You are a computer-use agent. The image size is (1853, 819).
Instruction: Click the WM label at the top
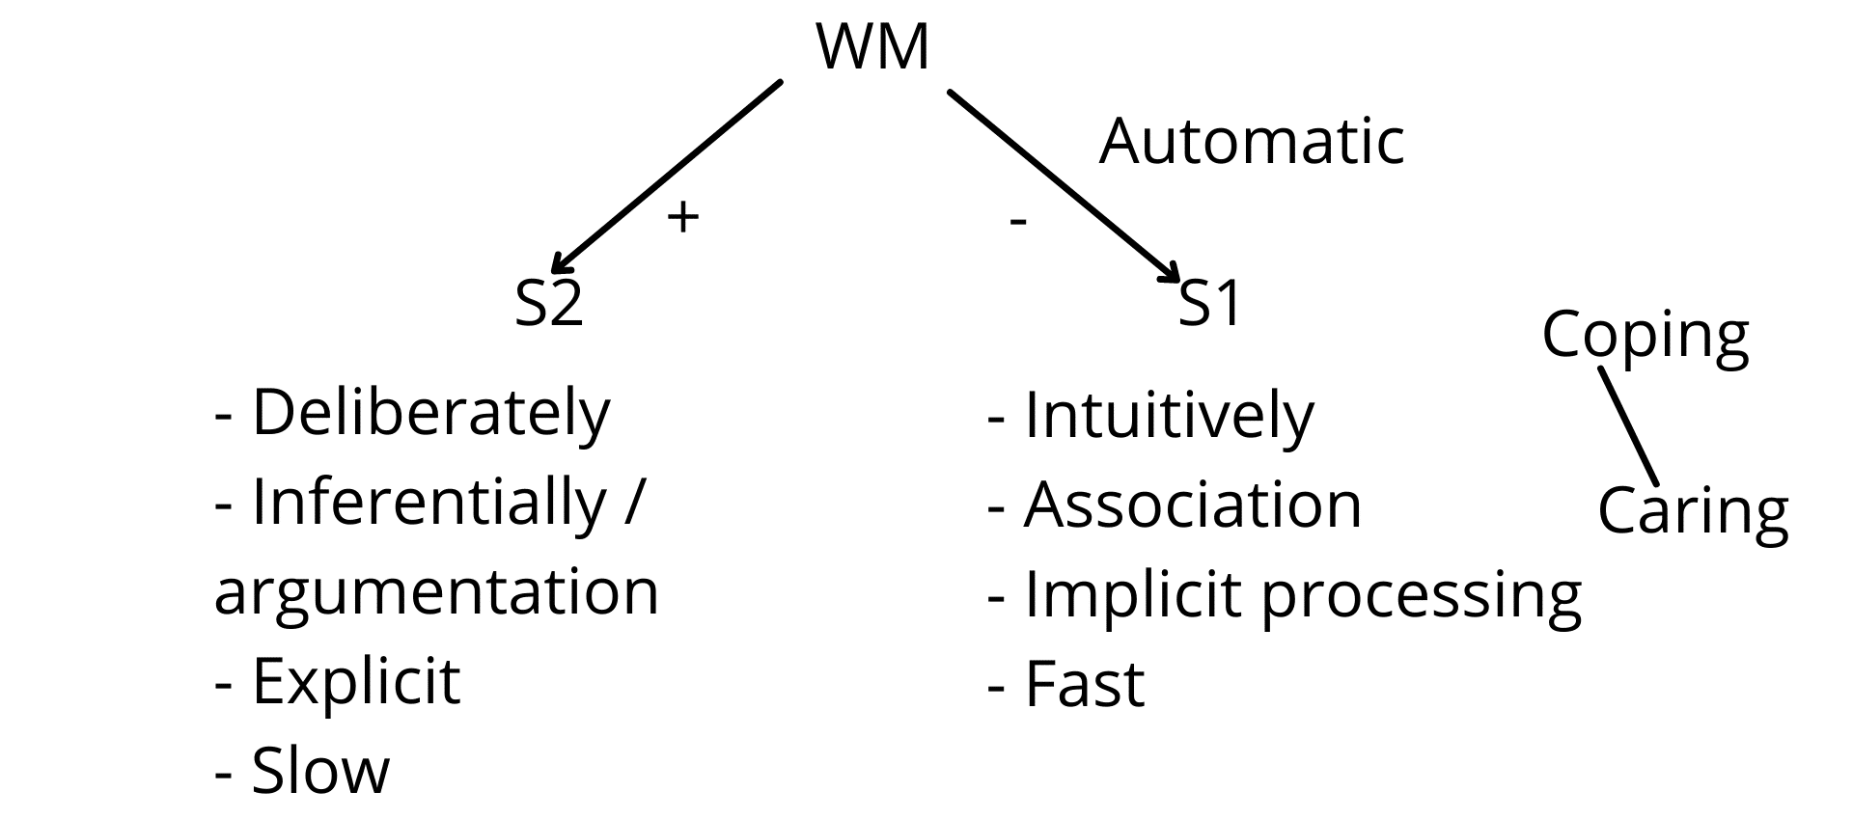872,46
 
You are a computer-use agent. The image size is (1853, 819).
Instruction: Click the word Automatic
1252,141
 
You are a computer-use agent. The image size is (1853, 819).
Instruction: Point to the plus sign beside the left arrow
682,218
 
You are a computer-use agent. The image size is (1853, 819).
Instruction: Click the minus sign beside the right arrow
1018,223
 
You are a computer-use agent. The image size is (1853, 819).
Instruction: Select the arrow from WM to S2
665,177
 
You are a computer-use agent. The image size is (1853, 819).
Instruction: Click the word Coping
1646,337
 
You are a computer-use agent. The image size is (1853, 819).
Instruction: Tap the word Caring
1694,512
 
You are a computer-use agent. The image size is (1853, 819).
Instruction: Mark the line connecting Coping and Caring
1628,426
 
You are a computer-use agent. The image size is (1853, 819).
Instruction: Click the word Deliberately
431,413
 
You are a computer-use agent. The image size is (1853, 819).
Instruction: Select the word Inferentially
429,503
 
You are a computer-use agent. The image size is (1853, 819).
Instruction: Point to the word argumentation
436,591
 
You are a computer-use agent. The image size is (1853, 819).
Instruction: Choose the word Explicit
356,682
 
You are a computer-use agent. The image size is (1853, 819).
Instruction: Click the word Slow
321,770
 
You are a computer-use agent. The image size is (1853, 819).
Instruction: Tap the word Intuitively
1169,416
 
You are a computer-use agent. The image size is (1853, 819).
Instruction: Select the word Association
1193,505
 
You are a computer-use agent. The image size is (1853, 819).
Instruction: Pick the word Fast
1085,684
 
